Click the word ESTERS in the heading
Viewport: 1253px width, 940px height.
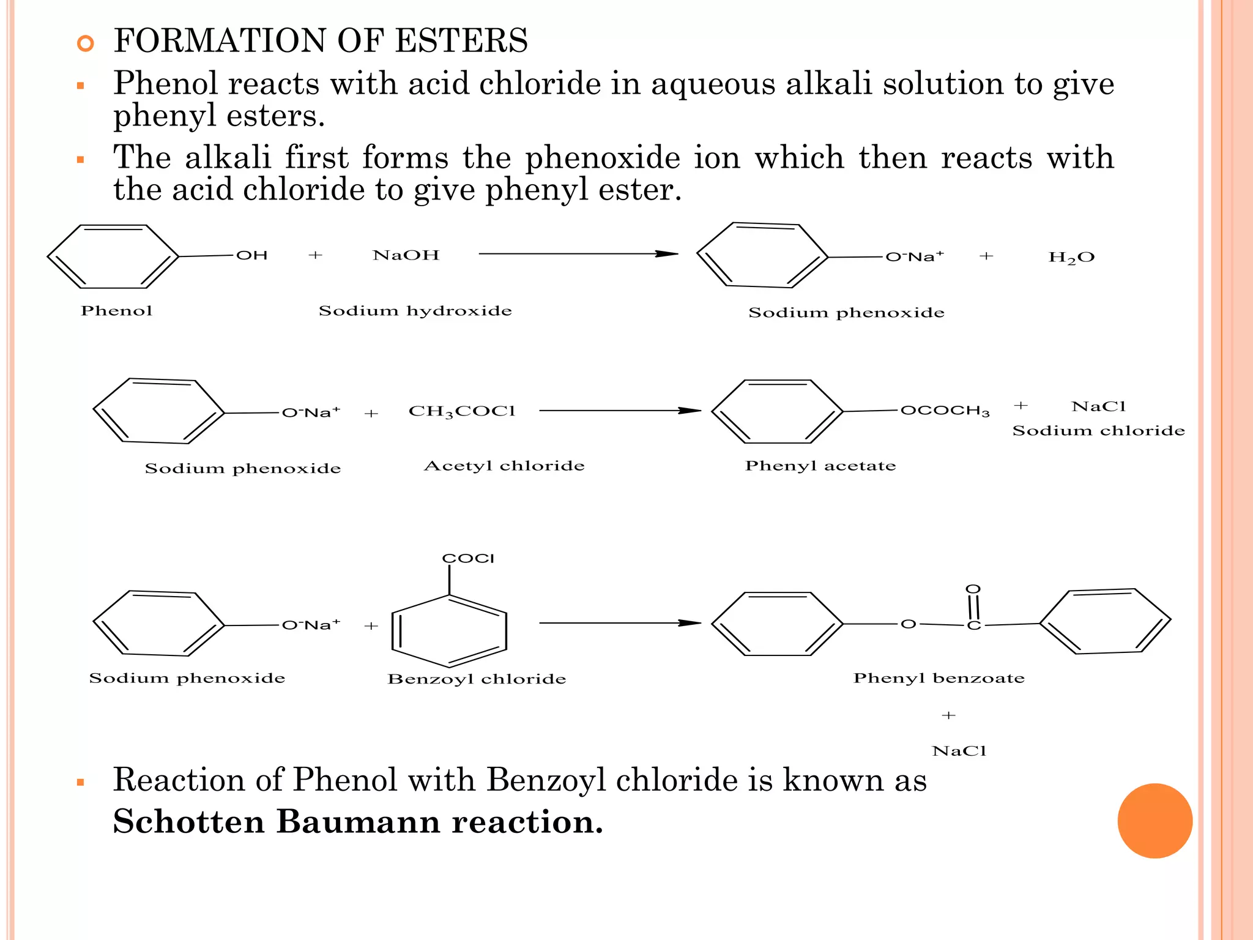click(x=461, y=41)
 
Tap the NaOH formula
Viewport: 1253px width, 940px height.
click(x=406, y=255)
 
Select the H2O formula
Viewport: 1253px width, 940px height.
click(x=1071, y=258)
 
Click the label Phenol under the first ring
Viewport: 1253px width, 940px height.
click(x=116, y=311)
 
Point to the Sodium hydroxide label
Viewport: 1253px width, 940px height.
click(x=415, y=311)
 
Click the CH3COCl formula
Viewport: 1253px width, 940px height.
click(x=462, y=411)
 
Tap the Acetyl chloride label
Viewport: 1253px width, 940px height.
click(x=504, y=466)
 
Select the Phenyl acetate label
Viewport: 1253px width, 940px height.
click(x=820, y=466)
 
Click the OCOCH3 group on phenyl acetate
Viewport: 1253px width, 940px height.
click(x=945, y=411)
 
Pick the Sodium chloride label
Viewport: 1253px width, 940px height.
click(x=1098, y=431)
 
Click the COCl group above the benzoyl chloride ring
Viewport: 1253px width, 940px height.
click(x=468, y=558)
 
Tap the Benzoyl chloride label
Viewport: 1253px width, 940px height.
click(x=477, y=679)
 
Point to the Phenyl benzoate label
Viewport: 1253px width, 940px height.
click(x=939, y=678)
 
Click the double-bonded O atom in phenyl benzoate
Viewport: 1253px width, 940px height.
click(x=973, y=589)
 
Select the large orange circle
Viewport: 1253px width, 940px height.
click(x=1154, y=821)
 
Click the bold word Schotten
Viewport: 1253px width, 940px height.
click(x=188, y=821)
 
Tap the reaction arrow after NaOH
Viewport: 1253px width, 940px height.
click(x=578, y=254)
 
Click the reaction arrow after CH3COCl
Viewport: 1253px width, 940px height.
click(x=620, y=411)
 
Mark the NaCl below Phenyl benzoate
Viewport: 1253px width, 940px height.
click(x=959, y=751)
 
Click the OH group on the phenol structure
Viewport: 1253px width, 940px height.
click(x=251, y=255)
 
